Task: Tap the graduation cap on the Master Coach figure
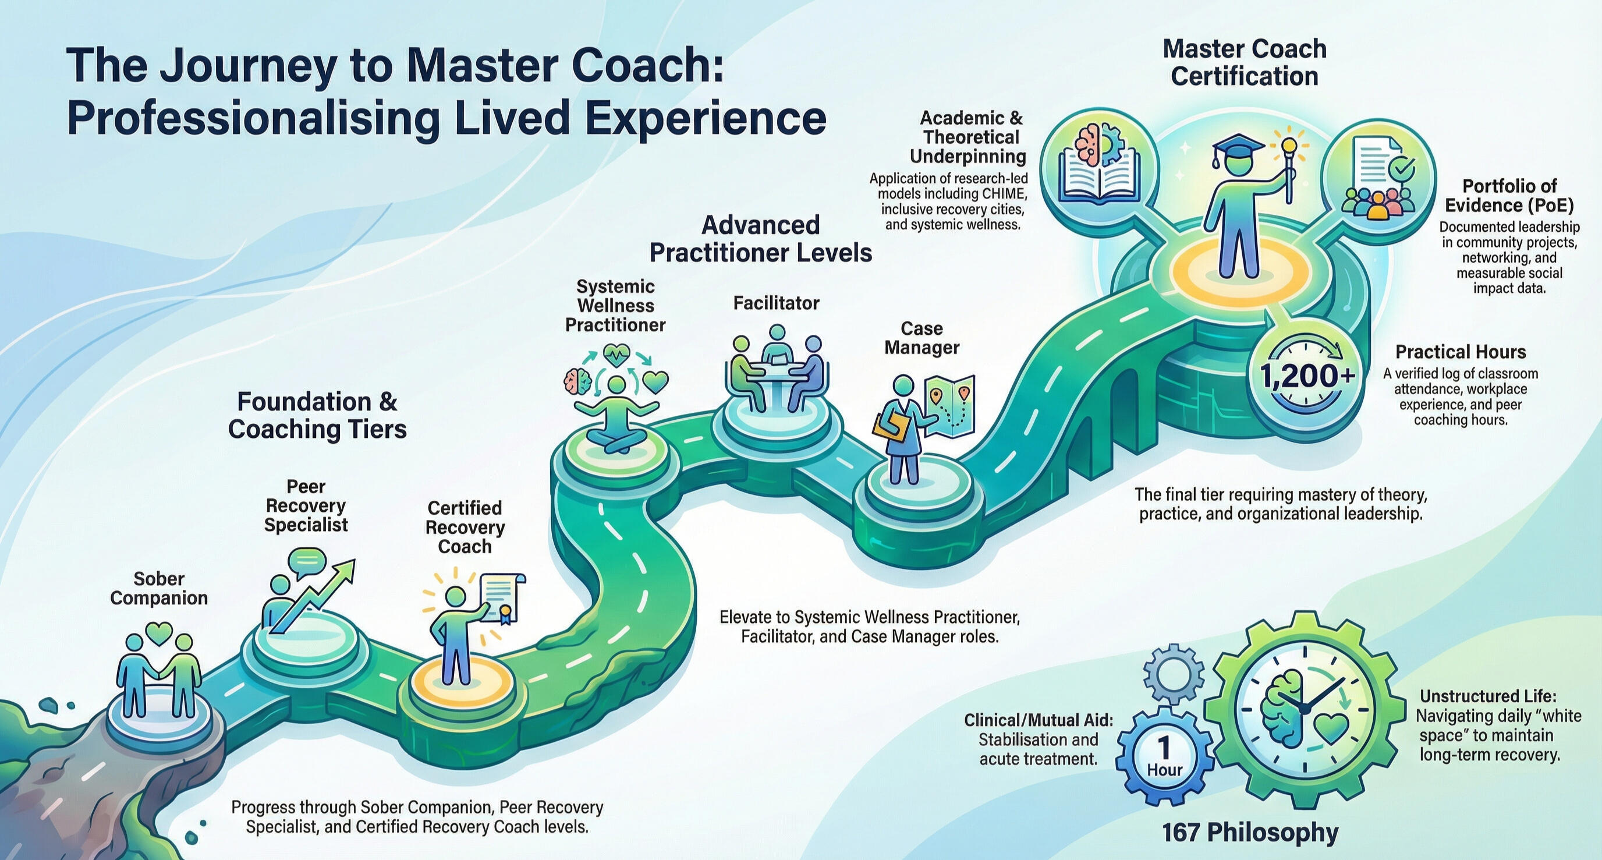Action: [x=1237, y=147]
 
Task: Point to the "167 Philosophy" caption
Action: [x=1250, y=832]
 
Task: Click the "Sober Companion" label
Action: [x=158, y=588]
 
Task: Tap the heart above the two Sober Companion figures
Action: [x=159, y=633]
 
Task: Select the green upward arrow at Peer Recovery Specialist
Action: [x=317, y=594]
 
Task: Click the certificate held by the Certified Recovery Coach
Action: [x=502, y=597]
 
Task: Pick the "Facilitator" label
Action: [x=775, y=303]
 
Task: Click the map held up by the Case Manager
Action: [x=949, y=405]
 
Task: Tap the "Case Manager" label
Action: [x=921, y=338]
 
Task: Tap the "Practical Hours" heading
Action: [x=1460, y=352]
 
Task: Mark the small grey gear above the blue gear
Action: [x=1174, y=674]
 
